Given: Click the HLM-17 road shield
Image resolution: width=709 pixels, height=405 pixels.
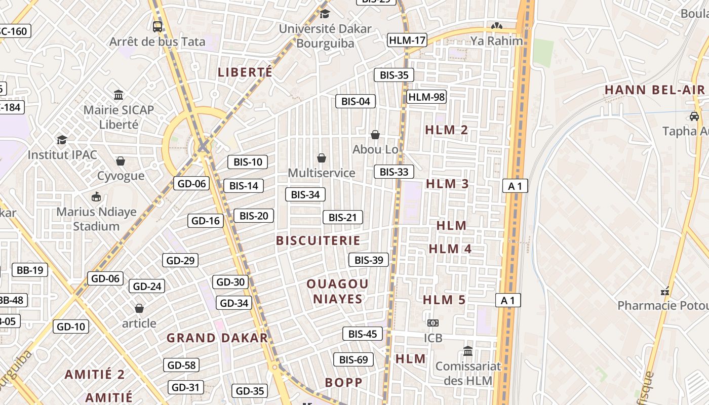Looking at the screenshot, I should point(407,40).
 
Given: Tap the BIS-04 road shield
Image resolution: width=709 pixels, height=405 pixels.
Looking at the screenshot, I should point(356,101).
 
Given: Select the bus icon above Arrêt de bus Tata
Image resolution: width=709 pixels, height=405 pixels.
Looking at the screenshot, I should point(157,26).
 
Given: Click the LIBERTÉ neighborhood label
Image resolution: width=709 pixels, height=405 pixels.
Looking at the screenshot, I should point(245,72).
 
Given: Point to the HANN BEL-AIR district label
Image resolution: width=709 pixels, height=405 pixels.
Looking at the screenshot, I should point(654,90).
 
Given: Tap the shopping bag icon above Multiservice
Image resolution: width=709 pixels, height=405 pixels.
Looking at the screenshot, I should point(321,158).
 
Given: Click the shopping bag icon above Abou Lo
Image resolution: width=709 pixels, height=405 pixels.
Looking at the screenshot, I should point(375,134).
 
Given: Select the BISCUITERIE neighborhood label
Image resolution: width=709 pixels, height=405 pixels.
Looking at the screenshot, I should point(318,240).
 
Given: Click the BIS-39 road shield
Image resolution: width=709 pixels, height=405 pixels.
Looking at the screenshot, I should point(369,260).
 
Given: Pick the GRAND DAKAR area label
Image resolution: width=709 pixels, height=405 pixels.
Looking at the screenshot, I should point(217,338).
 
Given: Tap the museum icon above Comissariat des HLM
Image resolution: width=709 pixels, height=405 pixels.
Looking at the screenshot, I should point(468,351).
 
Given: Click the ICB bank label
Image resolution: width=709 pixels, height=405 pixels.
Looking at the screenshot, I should point(433,338).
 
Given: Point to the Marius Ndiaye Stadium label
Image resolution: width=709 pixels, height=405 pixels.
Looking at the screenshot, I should point(96,219).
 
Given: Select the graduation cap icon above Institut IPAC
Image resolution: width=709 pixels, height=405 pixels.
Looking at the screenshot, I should point(62,139).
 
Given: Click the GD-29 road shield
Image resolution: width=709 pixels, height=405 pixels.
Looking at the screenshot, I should point(180,261).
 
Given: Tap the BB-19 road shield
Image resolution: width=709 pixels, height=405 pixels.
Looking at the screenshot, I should point(30,270).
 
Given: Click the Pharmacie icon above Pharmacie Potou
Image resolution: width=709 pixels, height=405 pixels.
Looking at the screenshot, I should point(665,291).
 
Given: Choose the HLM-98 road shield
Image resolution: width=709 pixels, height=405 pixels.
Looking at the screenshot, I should point(426,97).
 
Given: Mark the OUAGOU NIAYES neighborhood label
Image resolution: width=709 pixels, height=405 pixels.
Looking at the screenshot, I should point(338,291).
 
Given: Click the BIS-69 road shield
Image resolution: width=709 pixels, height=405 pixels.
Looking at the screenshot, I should point(353,360).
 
